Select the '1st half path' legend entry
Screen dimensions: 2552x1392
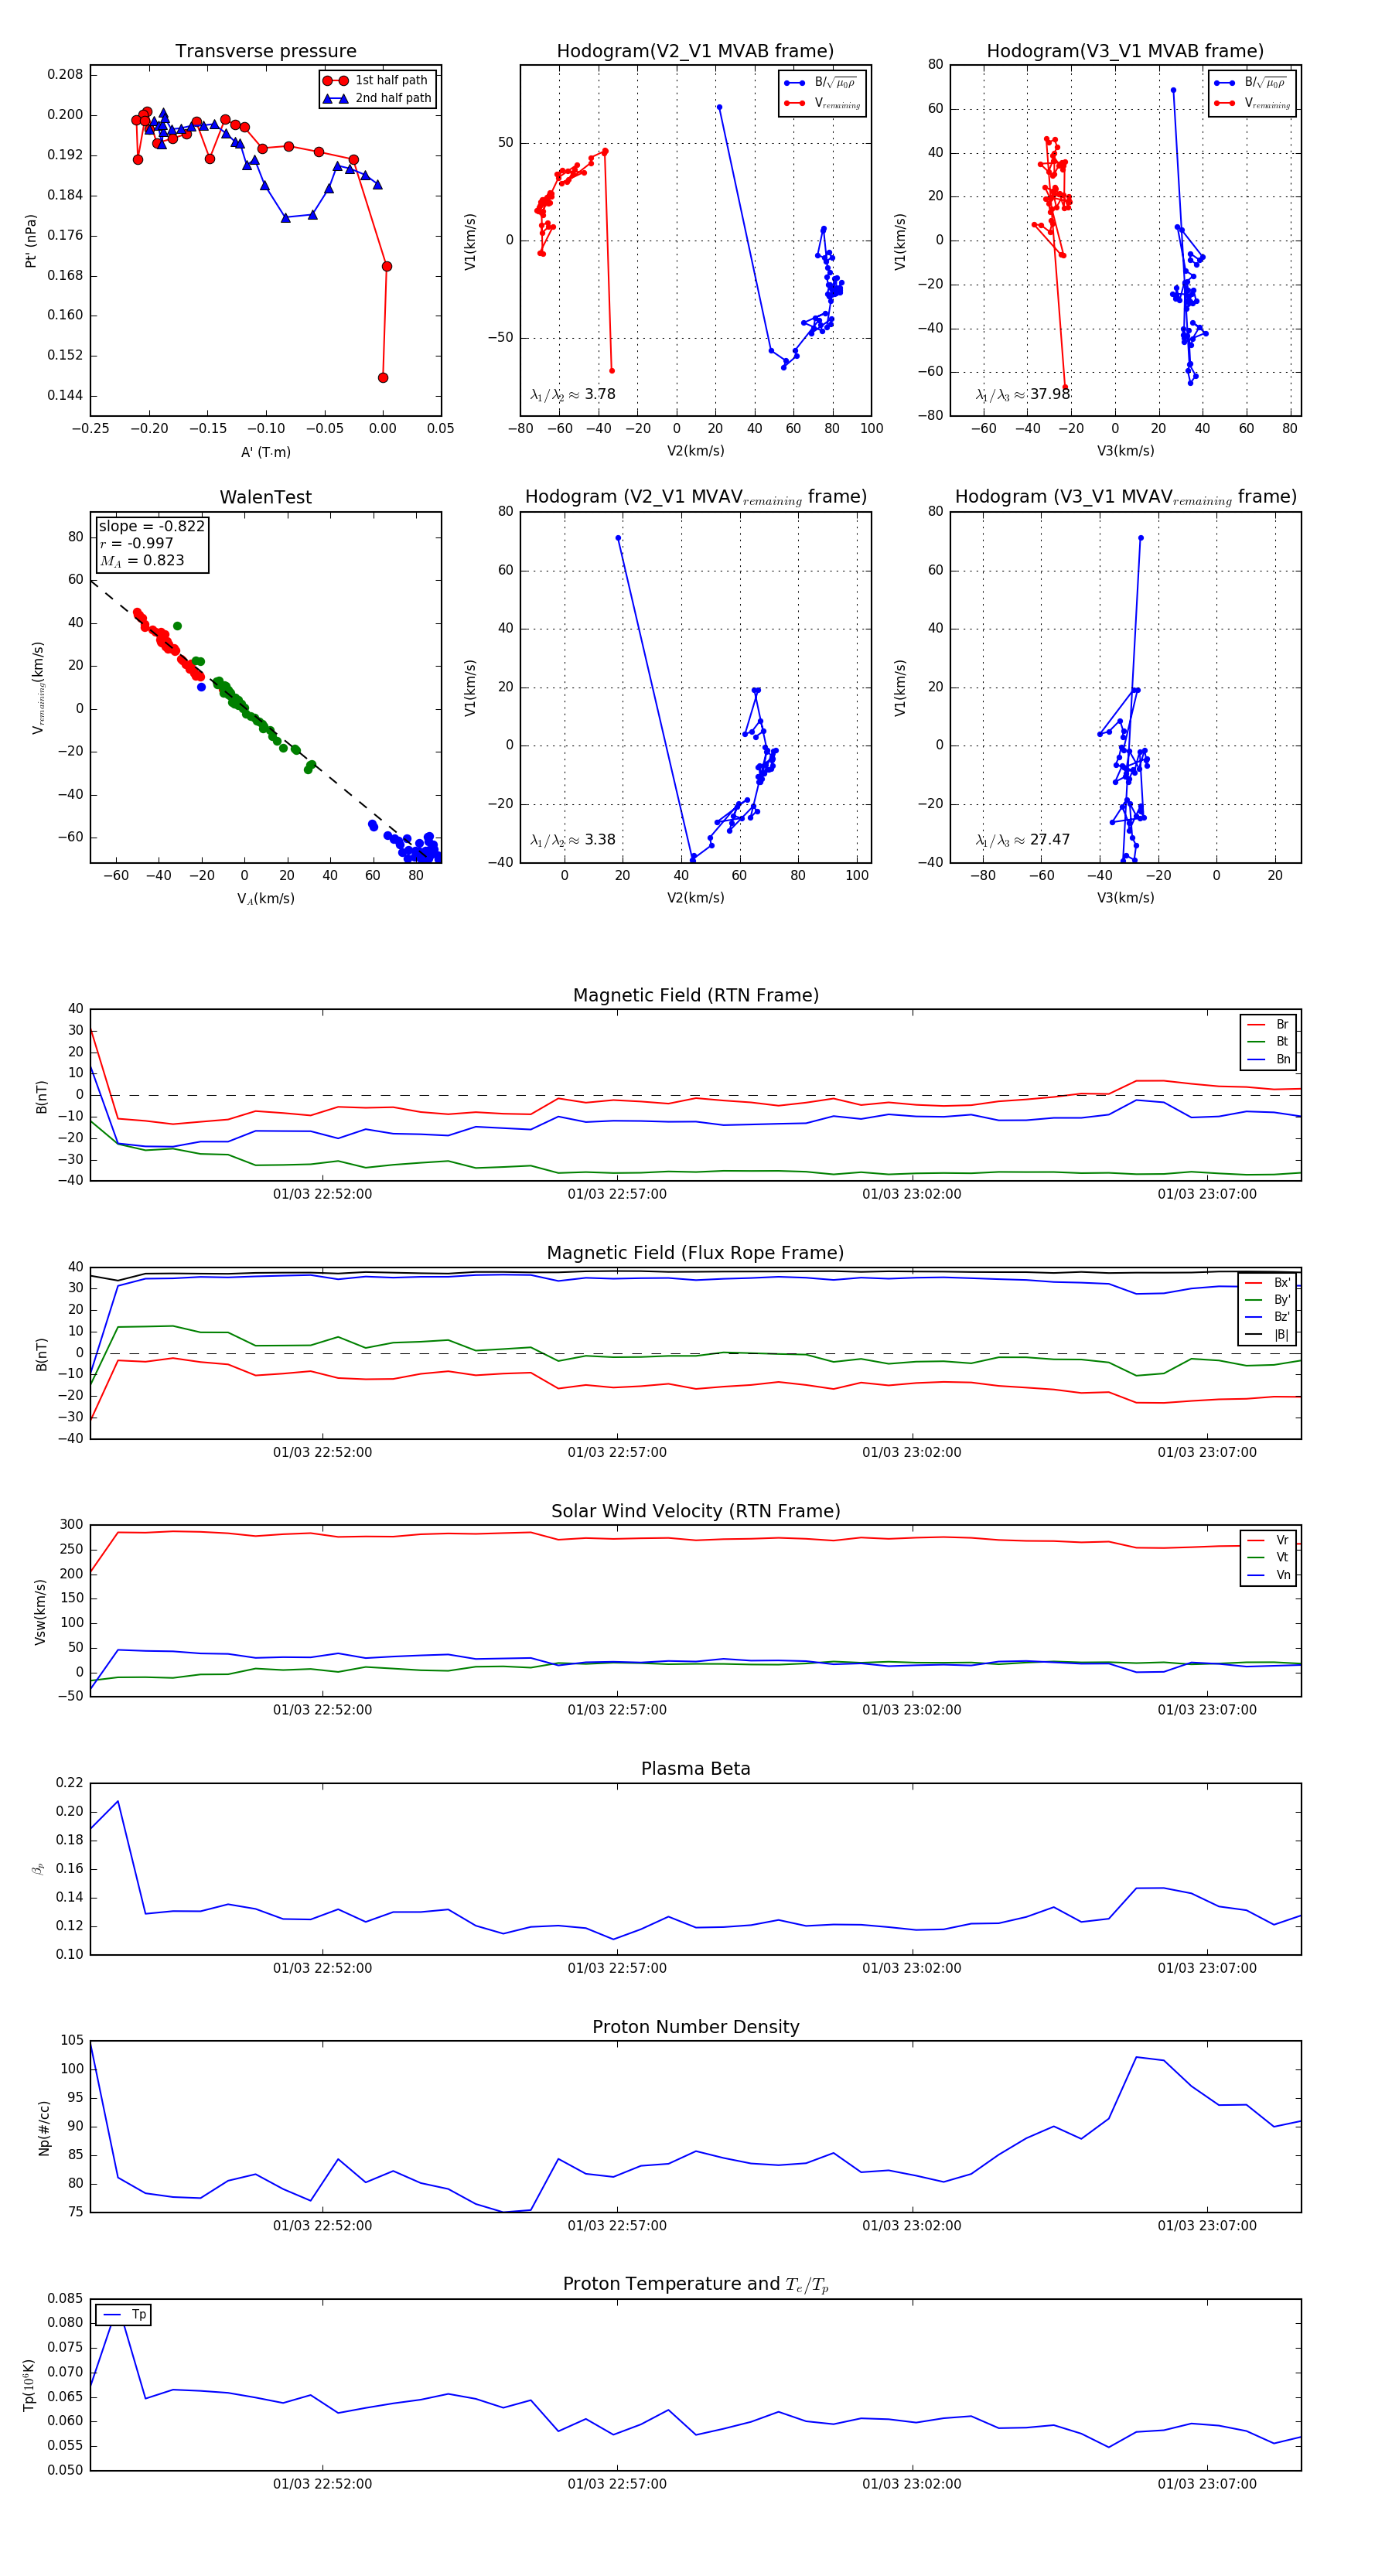coord(391,80)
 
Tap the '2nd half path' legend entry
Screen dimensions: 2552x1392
coord(392,98)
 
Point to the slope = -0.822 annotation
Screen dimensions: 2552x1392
coord(152,526)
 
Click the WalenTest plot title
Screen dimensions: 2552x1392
coord(265,497)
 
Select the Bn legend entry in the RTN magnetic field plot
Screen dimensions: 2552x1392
coord(1282,1059)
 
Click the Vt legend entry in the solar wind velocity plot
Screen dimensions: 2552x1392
coord(1282,1557)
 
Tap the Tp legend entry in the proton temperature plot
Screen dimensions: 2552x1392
coord(138,2315)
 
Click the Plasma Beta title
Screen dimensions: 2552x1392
coord(695,1769)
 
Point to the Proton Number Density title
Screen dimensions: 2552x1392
coord(695,2027)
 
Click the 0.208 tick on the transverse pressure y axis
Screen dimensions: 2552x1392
coord(66,74)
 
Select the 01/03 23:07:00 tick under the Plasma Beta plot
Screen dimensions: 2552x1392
coord(1206,1968)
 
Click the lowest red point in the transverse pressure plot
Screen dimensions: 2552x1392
coord(384,377)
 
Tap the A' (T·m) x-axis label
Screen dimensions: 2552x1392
coord(265,452)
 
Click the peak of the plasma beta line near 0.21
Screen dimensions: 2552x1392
coord(118,1801)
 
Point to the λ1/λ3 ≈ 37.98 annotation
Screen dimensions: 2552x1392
coord(1022,394)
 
